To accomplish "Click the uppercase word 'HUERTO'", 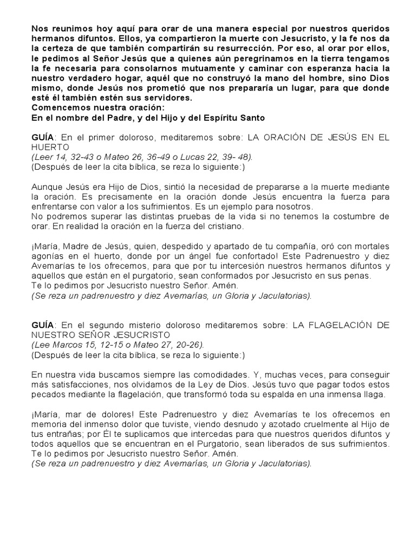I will [50, 147].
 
